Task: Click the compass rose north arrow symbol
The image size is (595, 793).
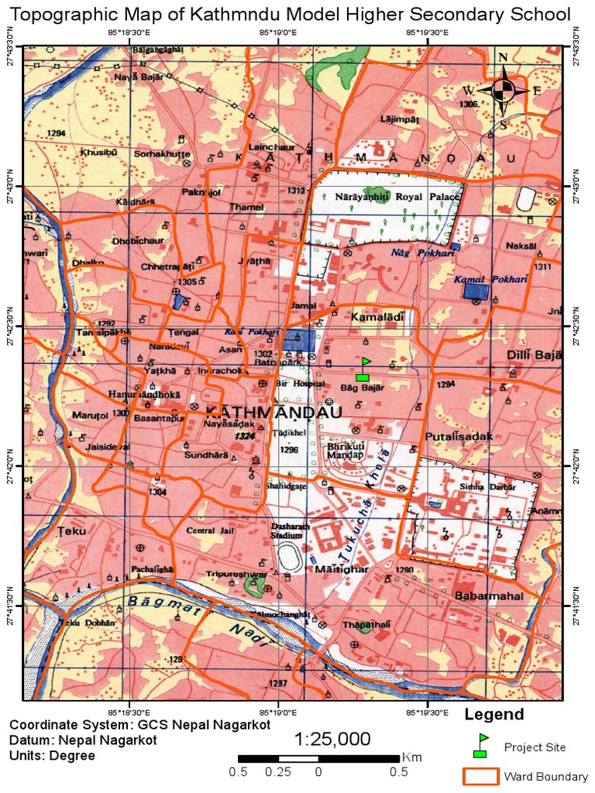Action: click(x=503, y=90)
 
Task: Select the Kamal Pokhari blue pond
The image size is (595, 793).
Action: click(x=476, y=292)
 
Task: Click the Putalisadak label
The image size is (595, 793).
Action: click(x=459, y=437)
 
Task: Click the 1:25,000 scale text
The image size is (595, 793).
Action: click(x=332, y=739)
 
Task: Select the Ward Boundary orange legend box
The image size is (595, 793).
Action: click(x=480, y=776)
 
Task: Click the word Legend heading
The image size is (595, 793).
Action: click(x=494, y=714)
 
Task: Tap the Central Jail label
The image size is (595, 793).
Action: click(x=211, y=530)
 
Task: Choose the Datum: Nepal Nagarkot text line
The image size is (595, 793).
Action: click(x=84, y=740)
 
